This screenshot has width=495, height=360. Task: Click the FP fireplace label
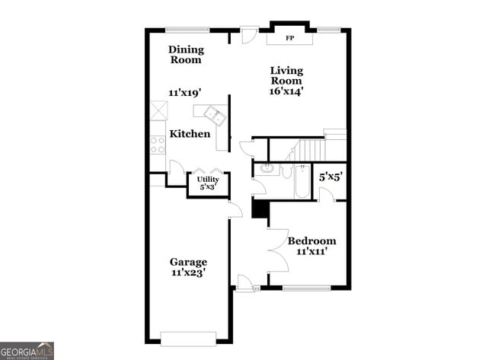(x=289, y=37)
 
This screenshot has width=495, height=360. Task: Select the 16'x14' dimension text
(x=286, y=91)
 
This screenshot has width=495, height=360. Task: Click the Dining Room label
(x=185, y=55)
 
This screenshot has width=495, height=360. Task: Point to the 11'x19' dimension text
(x=184, y=93)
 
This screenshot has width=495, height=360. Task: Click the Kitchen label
(x=190, y=134)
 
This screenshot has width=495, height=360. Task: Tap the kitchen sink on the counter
(x=212, y=116)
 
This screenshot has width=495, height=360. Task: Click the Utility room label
(x=208, y=180)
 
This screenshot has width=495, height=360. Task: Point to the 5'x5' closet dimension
(x=331, y=177)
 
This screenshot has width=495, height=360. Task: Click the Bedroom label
(x=311, y=241)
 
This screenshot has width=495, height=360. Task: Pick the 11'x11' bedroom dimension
(x=311, y=252)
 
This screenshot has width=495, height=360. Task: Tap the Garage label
(x=188, y=263)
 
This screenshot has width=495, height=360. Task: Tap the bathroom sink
(x=267, y=168)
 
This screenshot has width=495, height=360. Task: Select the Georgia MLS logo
(x=27, y=350)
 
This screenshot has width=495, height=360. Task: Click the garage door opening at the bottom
(x=189, y=337)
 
